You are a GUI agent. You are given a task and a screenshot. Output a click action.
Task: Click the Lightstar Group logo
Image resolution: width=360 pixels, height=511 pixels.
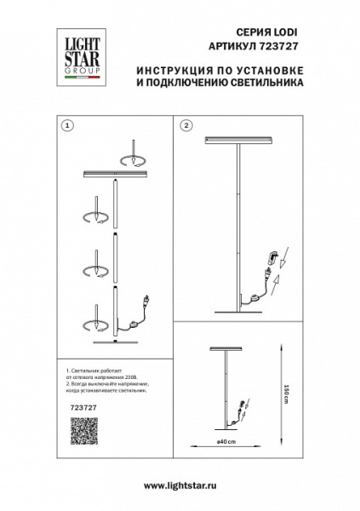[75, 59]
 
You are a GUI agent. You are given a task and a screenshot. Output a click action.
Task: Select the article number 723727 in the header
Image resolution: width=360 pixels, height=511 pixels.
[254, 45]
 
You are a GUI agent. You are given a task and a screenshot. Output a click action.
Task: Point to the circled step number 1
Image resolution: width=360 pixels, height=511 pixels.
[68, 125]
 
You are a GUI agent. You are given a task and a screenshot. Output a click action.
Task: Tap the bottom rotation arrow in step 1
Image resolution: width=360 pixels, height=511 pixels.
[93, 326]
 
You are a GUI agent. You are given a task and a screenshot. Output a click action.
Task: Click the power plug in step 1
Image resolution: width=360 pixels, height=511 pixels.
[148, 300]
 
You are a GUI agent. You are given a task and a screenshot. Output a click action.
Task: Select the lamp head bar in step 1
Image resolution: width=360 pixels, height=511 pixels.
[117, 174]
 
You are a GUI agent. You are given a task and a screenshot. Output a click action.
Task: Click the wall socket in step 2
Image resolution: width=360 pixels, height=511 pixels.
[272, 257]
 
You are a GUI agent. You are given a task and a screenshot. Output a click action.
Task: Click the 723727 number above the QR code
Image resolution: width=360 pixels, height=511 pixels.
[77, 408]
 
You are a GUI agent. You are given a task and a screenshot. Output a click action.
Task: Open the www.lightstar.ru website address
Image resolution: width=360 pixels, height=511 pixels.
[180, 484]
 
